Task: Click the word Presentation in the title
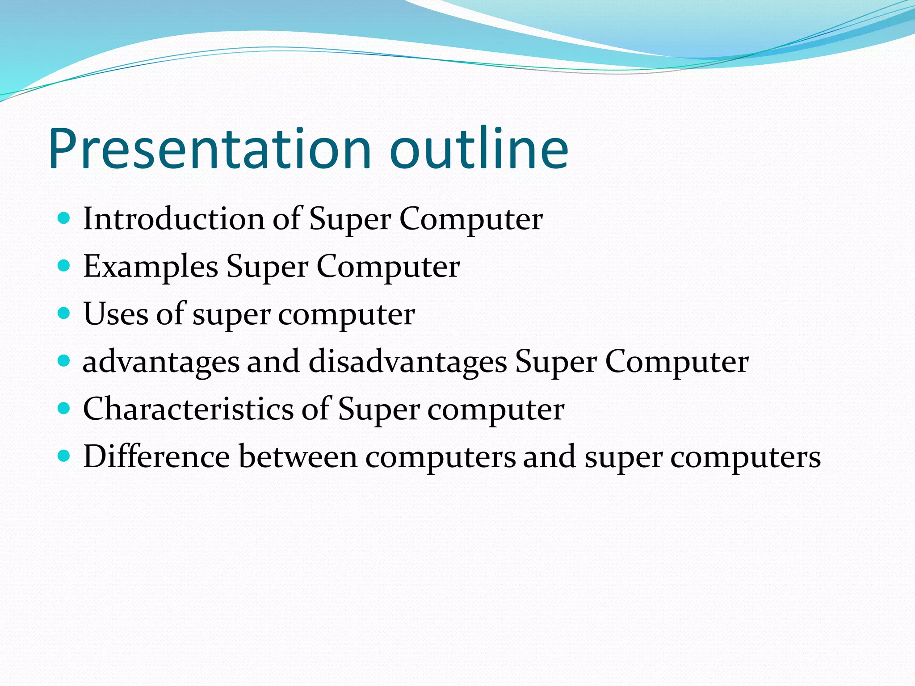[x=210, y=149]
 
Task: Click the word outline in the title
[x=479, y=149]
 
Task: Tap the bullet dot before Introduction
[x=64, y=218]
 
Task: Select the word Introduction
[x=174, y=219]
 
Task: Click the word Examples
[x=151, y=267]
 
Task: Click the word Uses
[x=116, y=314]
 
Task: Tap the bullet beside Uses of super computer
[x=64, y=314]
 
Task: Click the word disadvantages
[x=408, y=362]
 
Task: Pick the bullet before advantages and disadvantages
[x=64, y=361]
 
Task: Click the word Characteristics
[x=188, y=409]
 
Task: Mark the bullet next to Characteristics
[x=64, y=409]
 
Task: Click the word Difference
[x=156, y=456]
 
